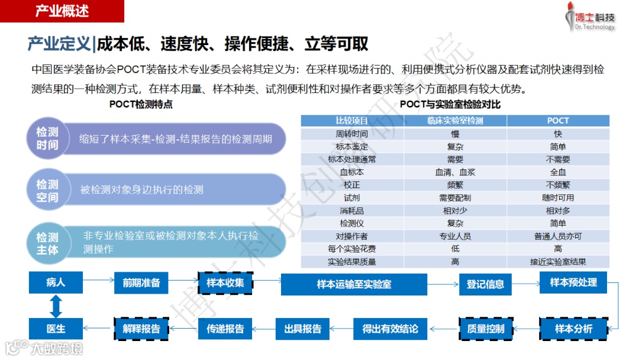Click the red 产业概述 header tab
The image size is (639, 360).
62,11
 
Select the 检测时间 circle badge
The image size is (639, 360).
47,139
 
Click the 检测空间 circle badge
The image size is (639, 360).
47,191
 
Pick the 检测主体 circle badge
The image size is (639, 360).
47,243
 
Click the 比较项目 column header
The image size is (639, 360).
352,121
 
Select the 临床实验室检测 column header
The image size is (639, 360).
454,121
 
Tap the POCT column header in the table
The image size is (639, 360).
557,121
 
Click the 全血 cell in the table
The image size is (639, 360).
557,172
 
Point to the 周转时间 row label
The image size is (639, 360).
352,134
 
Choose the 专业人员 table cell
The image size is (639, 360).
454,236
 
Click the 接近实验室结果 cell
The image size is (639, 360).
557,262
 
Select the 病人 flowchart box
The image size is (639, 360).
56,282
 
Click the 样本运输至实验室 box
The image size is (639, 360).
354,284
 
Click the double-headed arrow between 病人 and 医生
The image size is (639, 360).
56,306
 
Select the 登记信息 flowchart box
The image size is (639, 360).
485,284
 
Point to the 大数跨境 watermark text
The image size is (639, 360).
57,349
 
